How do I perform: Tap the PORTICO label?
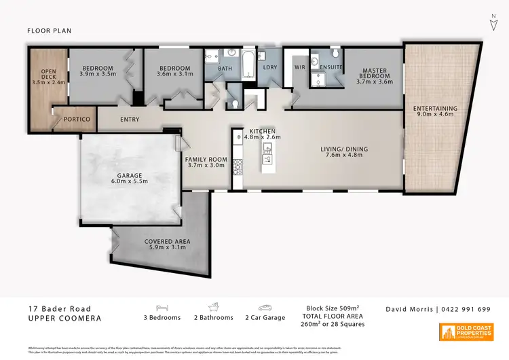pos(77,120)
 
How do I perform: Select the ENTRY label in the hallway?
pos(130,120)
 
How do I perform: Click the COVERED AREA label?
pos(168,245)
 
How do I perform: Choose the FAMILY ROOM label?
pos(205,162)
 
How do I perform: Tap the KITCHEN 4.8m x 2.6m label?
pos(262,134)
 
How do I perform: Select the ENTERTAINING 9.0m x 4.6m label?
pos(435,112)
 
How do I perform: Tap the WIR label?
pos(299,67)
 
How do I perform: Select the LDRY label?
pos(269,67)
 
